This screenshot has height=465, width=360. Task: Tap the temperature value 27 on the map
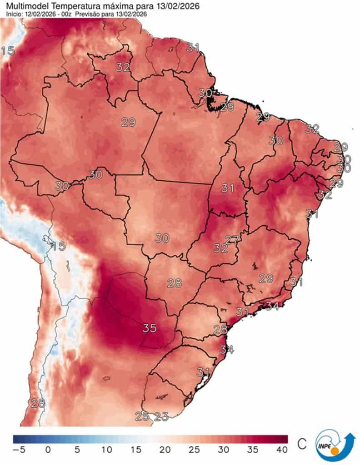pyautogui.click(x=232, y=239)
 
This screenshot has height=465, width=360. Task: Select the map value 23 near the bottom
pyautogui.click(x=161, y=416)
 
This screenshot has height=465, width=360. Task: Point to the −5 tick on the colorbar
pyautogui.click(x=18, y=450)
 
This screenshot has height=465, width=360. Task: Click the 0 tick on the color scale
pyautogui.click(x=48, y=450)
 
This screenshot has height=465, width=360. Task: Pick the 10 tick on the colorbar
pyautogui.click(x=106, y=450)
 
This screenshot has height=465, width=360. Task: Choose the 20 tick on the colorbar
pyautogui.click(x=165, y=450)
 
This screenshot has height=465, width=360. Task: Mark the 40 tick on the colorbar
pyautogui.click(x=282, y=450)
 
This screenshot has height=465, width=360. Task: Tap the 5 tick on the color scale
pyautogui.click(x=77, y=450)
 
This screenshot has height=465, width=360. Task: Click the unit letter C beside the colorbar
pyautogui.click(x=301, y=444)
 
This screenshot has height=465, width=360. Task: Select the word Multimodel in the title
pyautogui.click(x=24, y=6)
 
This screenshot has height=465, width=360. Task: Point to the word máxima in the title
pyautogui.click(x=110, y=6)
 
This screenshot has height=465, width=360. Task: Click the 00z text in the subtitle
pyautogui.click(x=66, y=14)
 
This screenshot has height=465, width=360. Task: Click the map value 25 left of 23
pyautogui.click(x=142, y=416)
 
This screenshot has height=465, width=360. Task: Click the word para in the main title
pyautogui.click(x=136, y=6)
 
